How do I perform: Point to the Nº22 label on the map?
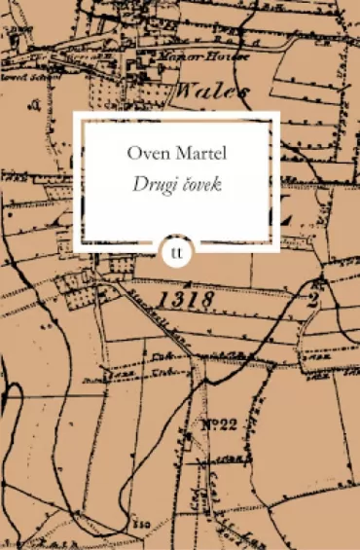coord(223,423)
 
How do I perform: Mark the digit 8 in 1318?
coord(206,301)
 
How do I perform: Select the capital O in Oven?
coord(132,155)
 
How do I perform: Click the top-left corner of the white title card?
coord(75,113)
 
